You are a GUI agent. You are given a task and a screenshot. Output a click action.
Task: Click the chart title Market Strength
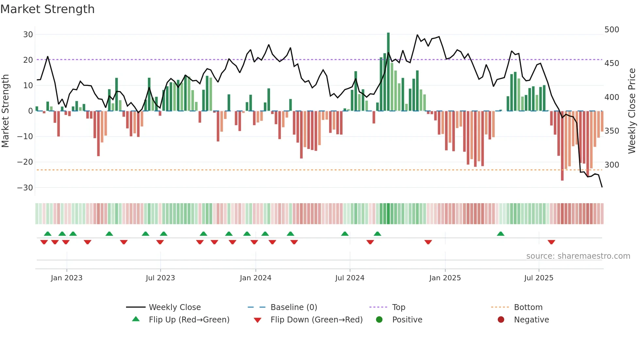pyautogui.click(x=47, y=9)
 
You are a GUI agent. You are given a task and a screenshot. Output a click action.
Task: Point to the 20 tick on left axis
pyautogui.click(x=28, y=60)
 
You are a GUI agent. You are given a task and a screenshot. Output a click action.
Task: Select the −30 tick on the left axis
pyautogui.click(x=25, y=188)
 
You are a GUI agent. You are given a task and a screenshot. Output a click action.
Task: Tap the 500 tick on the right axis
pyautogui.click(x=612, y=30)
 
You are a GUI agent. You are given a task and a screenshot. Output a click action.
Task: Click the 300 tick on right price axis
pyautogui.click(x=612, y=165)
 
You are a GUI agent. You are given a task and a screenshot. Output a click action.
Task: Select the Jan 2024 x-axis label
pyautogui.click(x=255, y=278)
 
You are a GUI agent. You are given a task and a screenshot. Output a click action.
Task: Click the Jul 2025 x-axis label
pyautogui.click(x=538, y=278)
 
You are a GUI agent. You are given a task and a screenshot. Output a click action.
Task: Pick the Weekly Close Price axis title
pyautogui.click(x=632, y=111)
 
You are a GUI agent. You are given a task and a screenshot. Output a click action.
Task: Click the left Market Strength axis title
pyautogui.click(x=5, y=111)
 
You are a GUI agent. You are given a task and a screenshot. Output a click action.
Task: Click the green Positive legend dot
pyautogui.click(x=379, y=320)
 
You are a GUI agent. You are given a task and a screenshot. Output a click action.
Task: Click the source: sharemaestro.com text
pyautogui.click(x=578, y=256)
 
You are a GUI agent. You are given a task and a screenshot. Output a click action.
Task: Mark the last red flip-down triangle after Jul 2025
pyautogui.click(x=551, y=242)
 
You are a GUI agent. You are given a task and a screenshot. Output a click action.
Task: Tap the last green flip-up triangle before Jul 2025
pyautogui.click(x=500, y=234)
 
